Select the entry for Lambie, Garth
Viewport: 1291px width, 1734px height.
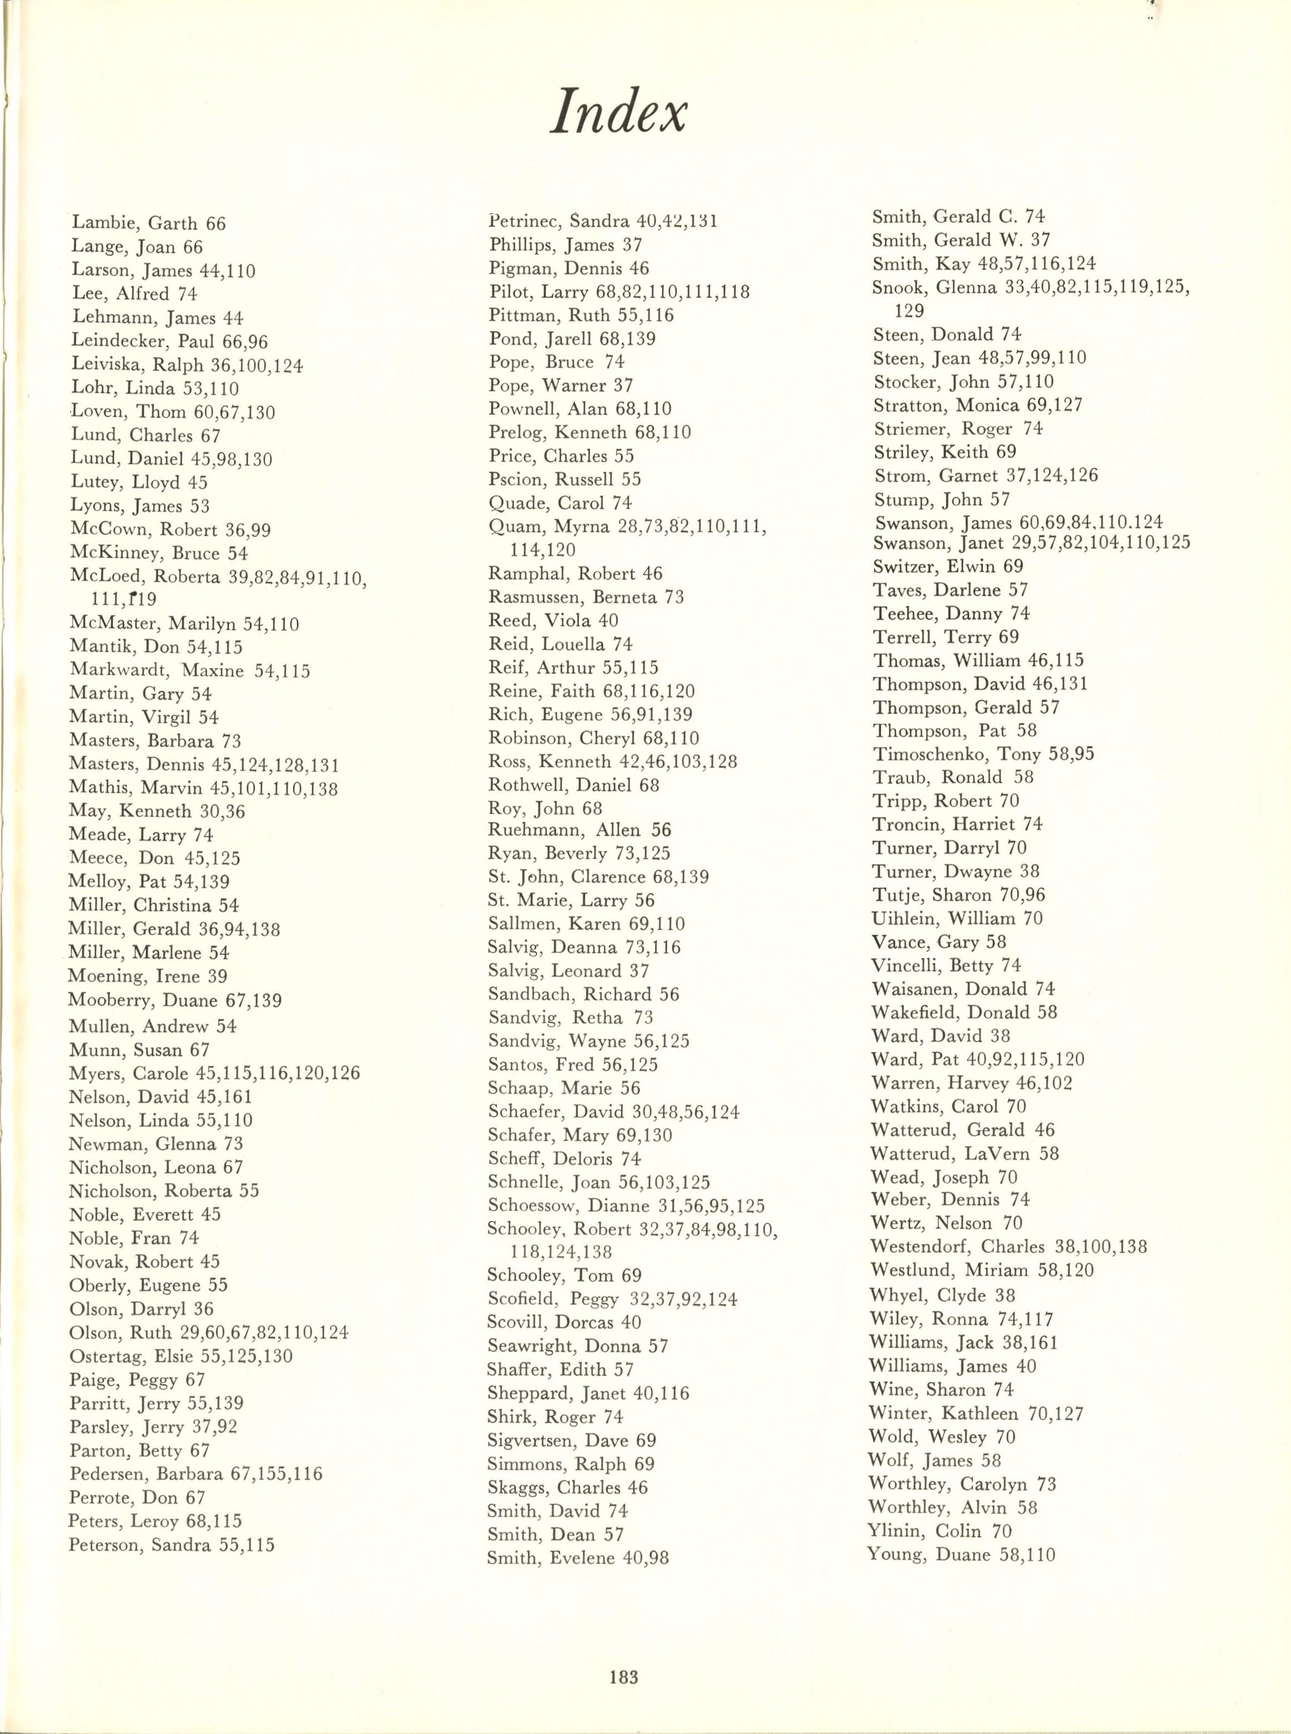[149, 224]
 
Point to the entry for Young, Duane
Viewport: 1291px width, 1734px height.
[961, 1554]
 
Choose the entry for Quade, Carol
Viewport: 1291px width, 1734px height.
[559, 502]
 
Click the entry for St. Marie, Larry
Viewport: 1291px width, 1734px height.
[571, 901]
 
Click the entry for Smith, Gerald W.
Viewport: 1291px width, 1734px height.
[961, 240]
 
